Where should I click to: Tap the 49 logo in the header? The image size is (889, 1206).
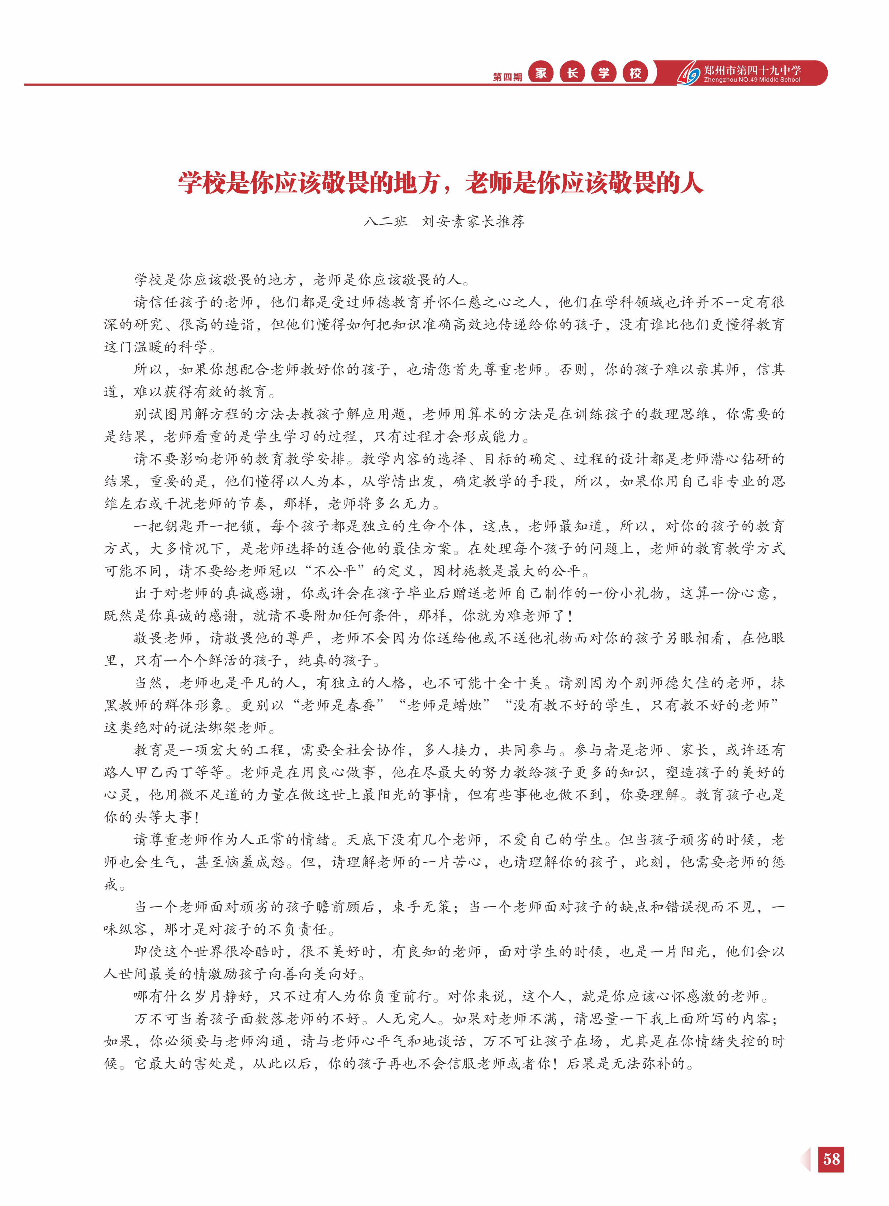(689, 74)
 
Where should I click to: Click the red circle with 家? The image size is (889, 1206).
(541, 73)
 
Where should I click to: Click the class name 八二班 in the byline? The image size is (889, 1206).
(386, 221)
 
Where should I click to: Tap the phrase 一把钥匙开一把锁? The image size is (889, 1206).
(193, 526)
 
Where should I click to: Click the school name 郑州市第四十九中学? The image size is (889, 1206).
(752, 70)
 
